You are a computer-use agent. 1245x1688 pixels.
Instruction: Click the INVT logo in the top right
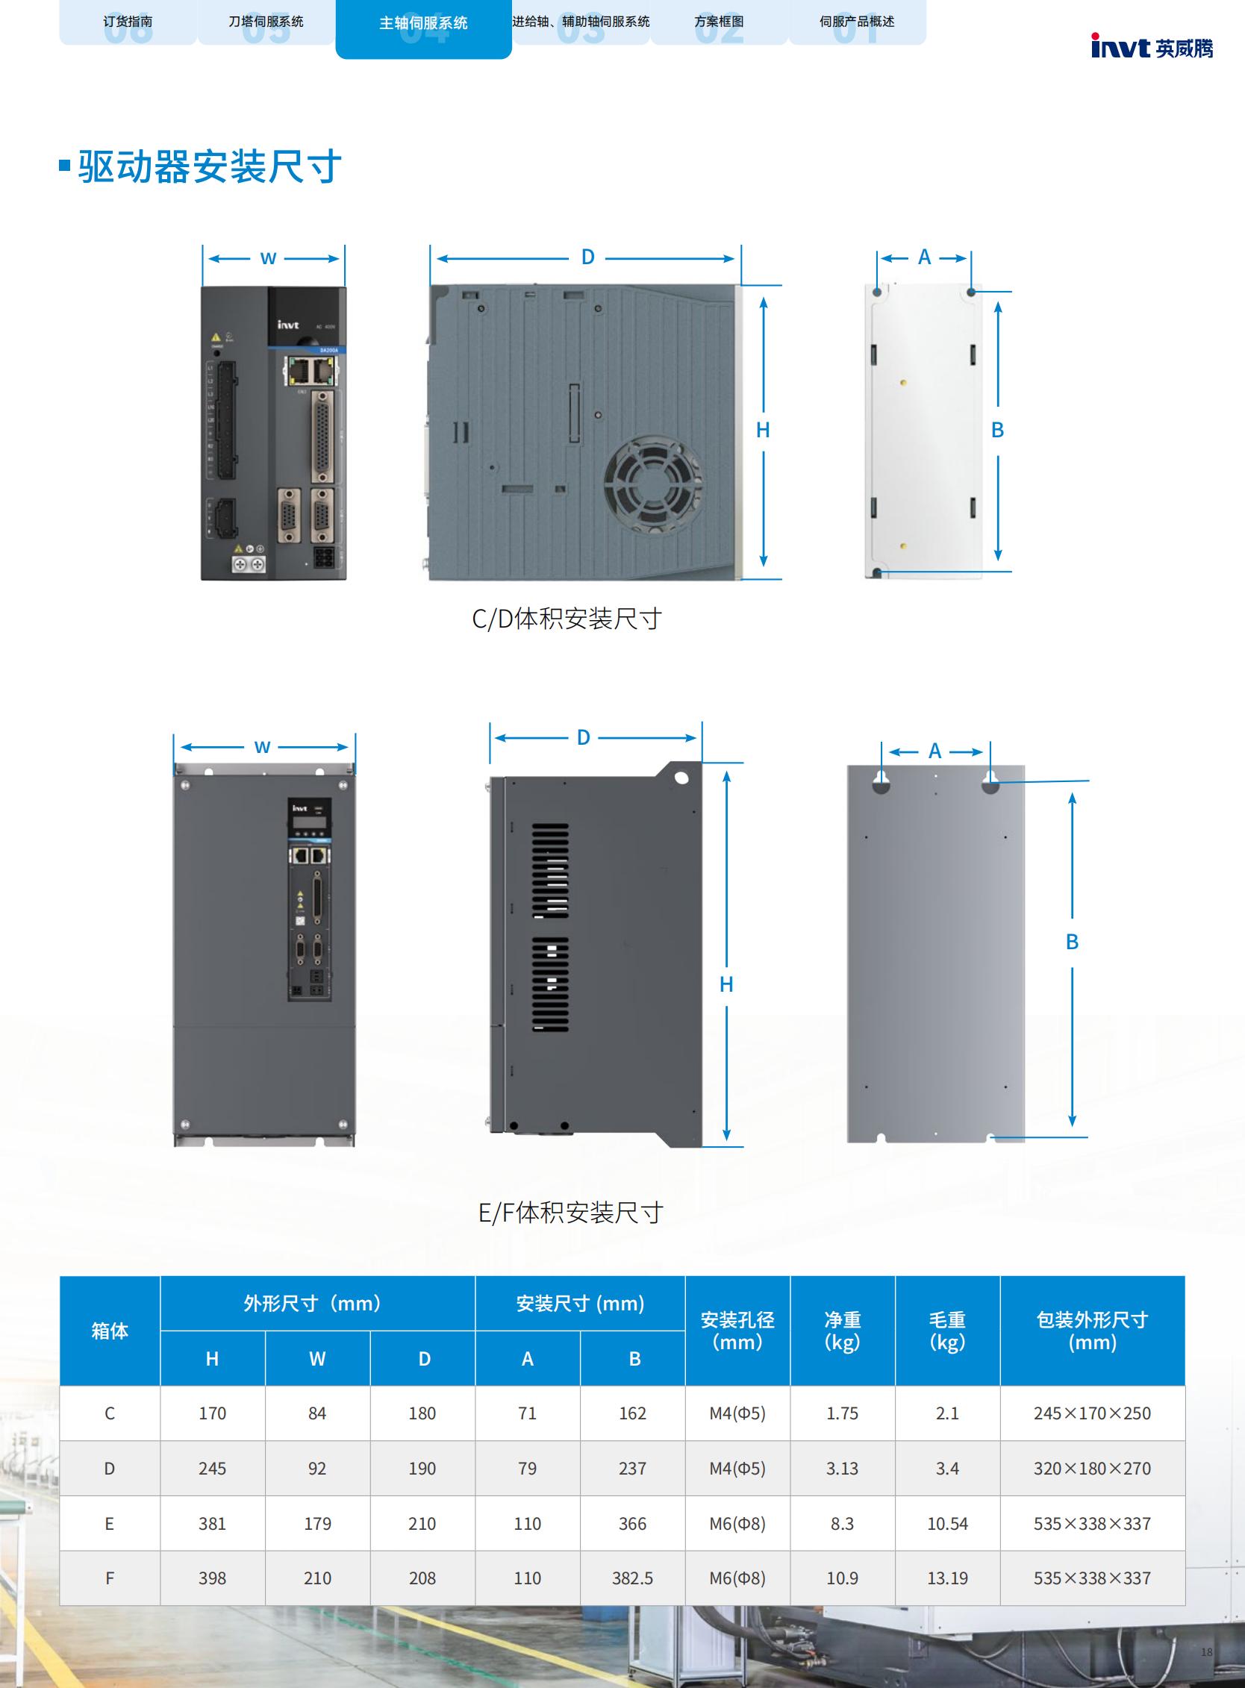tap(1152, 48)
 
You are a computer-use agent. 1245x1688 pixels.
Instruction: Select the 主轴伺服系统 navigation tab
tap(422, 23)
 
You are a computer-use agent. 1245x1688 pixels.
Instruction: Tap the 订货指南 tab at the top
tap(128, 22)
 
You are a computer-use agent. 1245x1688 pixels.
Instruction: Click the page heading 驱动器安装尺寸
tap(210, 166)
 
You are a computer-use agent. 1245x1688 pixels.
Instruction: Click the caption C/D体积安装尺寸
tap(567, 619)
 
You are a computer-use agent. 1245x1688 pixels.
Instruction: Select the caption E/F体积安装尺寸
tap(570, 1213)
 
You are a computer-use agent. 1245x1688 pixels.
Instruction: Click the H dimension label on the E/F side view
tap(726, 984)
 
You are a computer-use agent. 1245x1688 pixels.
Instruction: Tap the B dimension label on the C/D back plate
tap(997, 430)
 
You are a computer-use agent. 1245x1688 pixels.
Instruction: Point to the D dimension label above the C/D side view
tap(588, 257)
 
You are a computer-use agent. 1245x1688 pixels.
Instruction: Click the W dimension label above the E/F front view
tap(262, 747)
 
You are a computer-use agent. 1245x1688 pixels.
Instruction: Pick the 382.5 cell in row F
tap(632, 1578)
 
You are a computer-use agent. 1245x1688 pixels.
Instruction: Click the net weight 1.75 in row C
tap(842, 1413)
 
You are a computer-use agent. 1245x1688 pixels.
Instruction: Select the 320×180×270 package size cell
tap(1092, 1468)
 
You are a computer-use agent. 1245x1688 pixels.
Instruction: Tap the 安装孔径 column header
tap(737, 1331)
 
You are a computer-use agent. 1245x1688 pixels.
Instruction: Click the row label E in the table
tap(109, 1523)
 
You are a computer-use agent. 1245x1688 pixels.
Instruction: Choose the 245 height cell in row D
tap(213, 1468)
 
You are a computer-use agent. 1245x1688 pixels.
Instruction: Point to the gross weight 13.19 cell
tap(947, 1578)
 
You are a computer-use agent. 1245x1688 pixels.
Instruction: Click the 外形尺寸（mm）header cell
tap(317, 1303)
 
